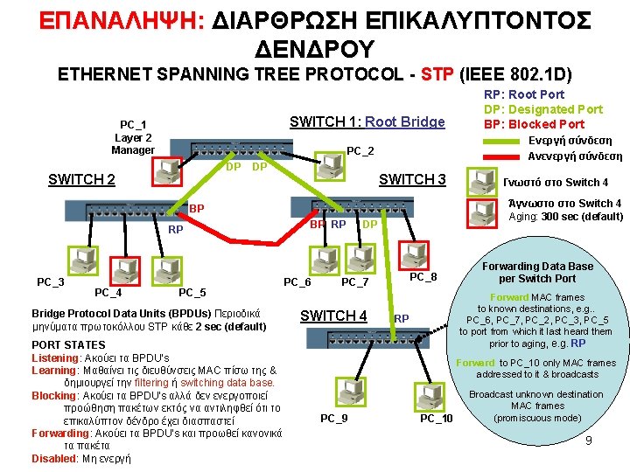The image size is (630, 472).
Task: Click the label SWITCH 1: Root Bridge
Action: pos(367,122)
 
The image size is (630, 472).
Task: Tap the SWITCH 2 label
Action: pos(81,180)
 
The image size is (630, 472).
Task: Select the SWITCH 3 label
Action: pos(411,180)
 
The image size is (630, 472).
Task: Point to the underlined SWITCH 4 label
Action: pos(333,315)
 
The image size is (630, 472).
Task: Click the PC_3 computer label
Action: pos(50,281)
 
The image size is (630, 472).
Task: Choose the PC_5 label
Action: pos(192,292)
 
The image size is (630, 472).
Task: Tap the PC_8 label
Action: pos(423,277)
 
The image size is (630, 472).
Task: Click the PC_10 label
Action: pos(437,419)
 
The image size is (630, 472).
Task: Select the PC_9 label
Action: pos(333,419)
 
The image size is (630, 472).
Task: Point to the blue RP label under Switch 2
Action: pos(175,230)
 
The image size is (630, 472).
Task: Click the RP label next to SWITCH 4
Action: pos(402,318)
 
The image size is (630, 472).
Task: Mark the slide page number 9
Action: pos(589,441)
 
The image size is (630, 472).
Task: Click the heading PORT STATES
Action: pos(68,345)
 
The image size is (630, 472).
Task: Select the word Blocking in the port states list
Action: pos(54,395)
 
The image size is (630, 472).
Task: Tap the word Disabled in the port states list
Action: pos(53,458)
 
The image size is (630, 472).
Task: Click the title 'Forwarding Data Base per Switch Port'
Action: pos(537,272)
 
